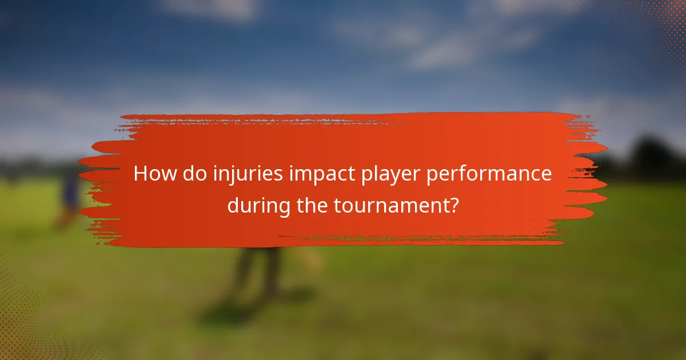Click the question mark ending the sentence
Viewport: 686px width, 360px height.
(453, 205)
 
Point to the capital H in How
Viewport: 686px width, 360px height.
(141, 174)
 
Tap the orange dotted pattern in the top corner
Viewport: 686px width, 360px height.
(666, 23)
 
